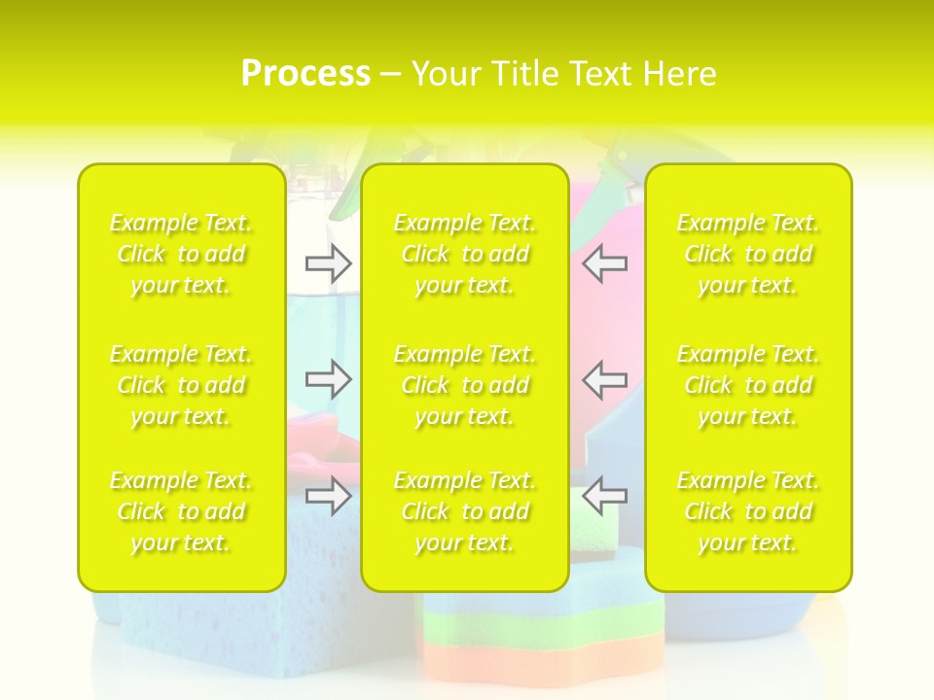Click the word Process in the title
305,74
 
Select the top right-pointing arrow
328,262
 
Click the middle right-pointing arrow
328,379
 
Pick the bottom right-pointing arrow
328,496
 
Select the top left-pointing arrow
605,262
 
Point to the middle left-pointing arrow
605,379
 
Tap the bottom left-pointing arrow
605,496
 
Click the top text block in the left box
181,254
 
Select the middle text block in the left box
181,385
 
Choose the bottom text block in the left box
181,511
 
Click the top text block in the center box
465,254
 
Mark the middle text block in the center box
465,385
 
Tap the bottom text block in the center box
465,511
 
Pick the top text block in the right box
748,254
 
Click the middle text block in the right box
748,385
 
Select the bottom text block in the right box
748,511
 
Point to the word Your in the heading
446,74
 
